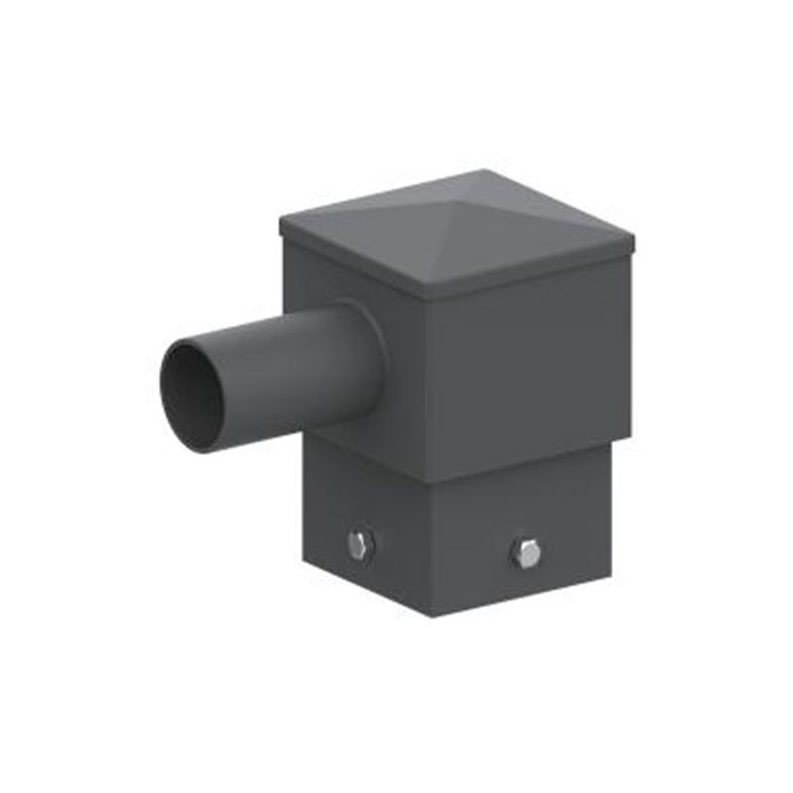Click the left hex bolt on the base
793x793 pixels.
[359, 545]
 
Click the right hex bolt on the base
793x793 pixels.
[526, 553]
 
